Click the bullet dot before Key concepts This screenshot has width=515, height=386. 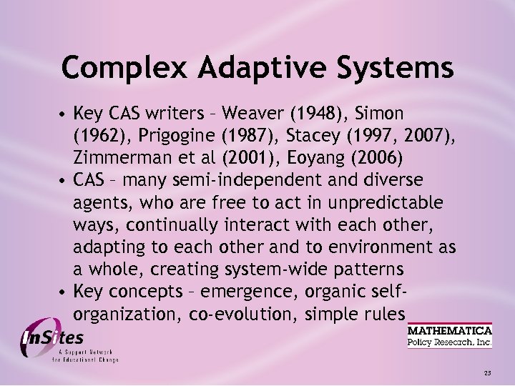coord(64,292)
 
